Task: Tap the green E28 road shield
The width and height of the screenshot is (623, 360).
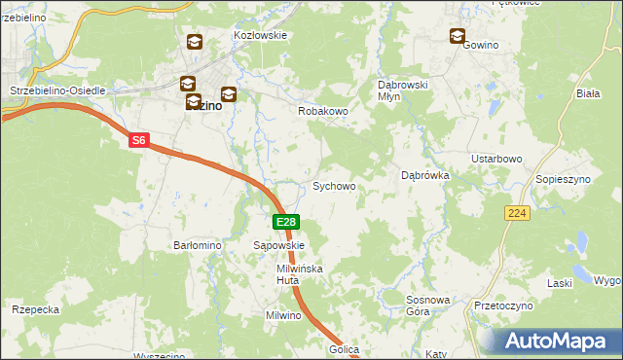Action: click(285, 223)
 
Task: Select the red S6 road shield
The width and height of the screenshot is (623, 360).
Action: click(139, 141)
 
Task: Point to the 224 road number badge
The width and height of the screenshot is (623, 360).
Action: click(517, 212)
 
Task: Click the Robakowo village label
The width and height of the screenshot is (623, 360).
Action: click(322, 112)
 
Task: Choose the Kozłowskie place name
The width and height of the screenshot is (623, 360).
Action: click(260, 35)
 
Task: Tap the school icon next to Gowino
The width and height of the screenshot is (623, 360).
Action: click(458, 37)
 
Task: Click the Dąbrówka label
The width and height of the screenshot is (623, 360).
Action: click(424, 176)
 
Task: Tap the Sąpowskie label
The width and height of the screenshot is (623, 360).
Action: click(279, 246)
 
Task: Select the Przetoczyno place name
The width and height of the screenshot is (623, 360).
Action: click(503, 306)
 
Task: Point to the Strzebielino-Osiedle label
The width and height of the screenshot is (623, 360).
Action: click(56, 90)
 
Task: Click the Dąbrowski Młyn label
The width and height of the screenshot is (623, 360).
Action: click(403, 90)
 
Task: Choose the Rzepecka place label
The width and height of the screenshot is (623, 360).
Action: click(36, 309)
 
